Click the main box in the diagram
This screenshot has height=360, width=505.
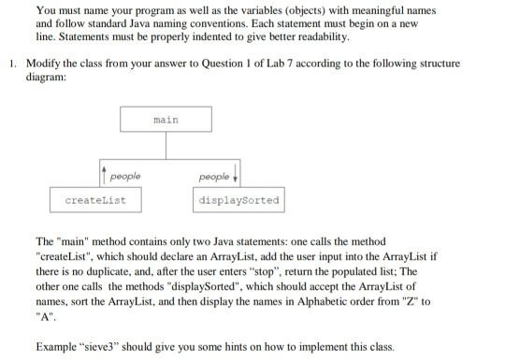coord(165,121)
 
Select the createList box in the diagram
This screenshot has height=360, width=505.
coord(96,200)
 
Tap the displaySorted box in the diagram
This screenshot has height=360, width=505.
coord(238,200)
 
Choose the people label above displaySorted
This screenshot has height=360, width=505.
coord(212,176)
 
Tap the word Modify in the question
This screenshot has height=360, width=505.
coord(42,63)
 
